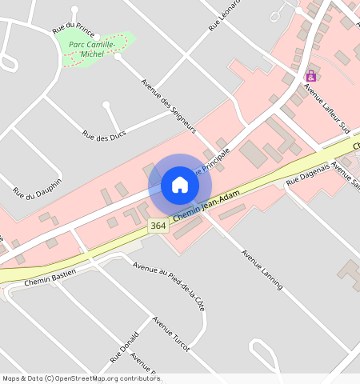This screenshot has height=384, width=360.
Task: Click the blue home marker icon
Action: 180,185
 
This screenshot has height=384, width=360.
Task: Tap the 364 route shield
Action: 158,226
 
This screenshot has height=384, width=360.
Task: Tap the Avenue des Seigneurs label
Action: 168,105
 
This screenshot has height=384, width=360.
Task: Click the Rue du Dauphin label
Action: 37,181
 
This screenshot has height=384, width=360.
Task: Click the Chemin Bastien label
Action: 50,278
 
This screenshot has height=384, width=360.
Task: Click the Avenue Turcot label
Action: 171,334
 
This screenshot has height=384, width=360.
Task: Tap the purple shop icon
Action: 310,76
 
